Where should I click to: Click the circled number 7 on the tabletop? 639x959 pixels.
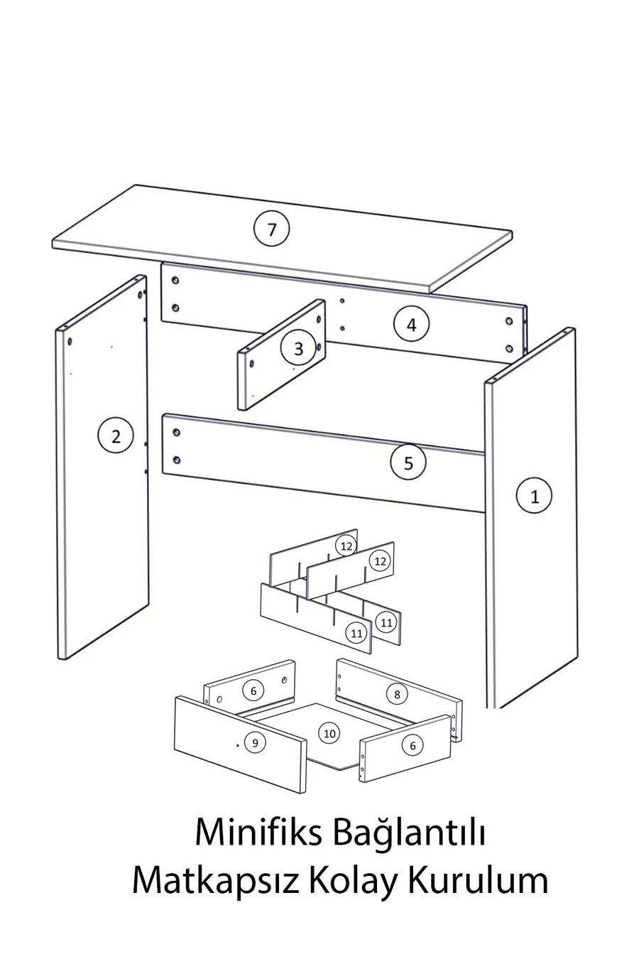(x=271, y=229)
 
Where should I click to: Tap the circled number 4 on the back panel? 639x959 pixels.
(x=411, y=325)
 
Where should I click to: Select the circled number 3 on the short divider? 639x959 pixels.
(x=298, y=348)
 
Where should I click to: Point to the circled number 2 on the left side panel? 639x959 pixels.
(x=116, y=436)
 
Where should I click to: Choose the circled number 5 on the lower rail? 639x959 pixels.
(x=408, y=462)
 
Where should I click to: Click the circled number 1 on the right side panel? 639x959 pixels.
(x=534, y=496)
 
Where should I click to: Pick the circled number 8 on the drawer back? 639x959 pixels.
(x=397, y=694)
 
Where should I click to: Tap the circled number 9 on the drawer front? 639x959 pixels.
(x=255, y=742)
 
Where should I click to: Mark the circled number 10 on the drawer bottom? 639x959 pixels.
(x=329, y=733)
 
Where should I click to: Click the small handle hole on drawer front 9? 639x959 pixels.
(x=238, y=745)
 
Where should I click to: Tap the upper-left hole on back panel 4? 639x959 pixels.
(x=175, y=281)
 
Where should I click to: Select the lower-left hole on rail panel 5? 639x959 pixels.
(x=176, y=460)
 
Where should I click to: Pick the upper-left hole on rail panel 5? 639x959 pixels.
(x=176, y=433)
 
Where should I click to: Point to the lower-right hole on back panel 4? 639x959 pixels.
(x=509, y=349)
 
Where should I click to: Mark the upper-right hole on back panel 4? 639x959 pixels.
(x=509, y=320)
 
